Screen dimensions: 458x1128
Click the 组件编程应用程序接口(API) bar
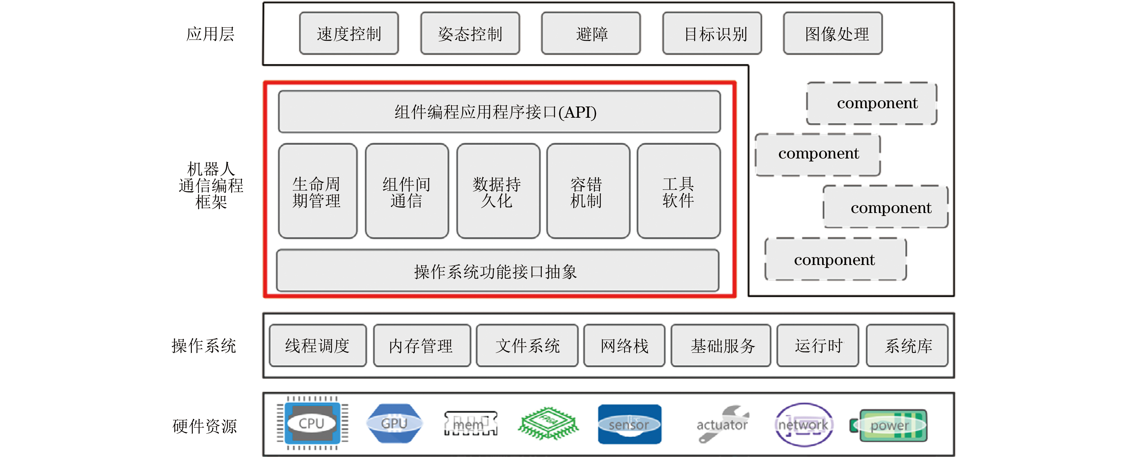499,112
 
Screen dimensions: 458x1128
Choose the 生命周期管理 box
317,191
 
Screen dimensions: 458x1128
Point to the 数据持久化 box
498,191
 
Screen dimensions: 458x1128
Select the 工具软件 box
678,191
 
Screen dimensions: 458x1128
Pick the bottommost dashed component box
835,259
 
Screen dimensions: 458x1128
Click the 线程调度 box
317,346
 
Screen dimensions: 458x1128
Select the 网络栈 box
624,346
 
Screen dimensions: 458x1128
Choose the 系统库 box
907,346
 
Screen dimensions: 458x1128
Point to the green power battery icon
891,425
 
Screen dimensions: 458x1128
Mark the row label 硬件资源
204,426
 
